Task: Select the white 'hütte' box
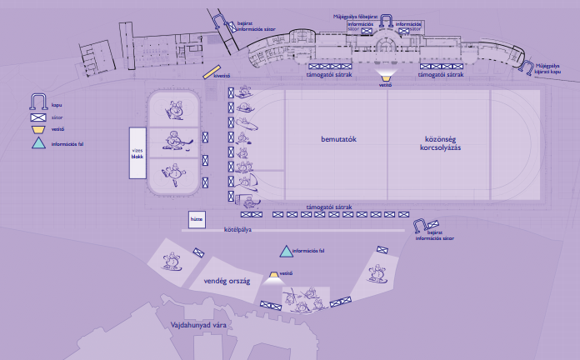(197, 220)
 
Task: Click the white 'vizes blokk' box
(137, 153)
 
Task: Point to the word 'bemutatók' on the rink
(339, 138)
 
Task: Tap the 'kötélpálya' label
(239, 228)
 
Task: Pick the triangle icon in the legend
(37, 143)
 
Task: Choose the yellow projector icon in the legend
(37, 130)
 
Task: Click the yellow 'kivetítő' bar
(211, 72)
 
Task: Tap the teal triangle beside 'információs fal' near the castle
(286, 250)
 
